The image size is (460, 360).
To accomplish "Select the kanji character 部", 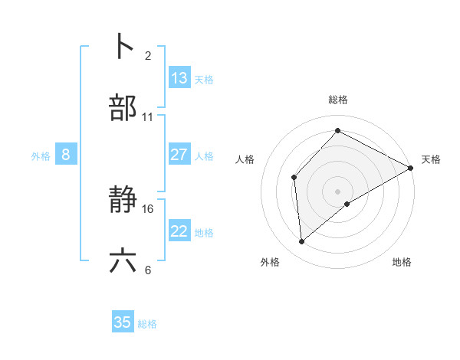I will click(x=123, y=109).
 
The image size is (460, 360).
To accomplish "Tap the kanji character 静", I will click(x=123, y=201).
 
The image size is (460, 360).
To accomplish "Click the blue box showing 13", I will click(x=179, y=78).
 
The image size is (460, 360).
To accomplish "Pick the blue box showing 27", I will click(x=179, y=155).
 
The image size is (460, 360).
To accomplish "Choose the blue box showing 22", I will click(x=179, y=231).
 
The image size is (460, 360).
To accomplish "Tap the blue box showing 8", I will click(x=66, y=155).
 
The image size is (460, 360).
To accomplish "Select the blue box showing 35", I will click(x=123, y=322).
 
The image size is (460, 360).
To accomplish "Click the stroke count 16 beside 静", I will click(x=148, y=208).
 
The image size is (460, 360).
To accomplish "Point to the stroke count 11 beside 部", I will click(x=148, y=117).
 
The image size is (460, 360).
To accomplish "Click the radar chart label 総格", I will click(x=338, y=100).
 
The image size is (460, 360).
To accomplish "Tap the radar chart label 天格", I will click(x=431, y=159).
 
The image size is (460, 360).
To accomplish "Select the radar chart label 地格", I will click(x=402, y=262).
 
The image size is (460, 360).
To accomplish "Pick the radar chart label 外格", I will click(x=270, y=262).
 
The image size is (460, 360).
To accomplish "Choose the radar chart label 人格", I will click(x=245, y=159).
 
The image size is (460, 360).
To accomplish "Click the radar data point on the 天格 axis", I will click(x=411, y=168).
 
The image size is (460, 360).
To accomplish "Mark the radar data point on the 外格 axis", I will click(x=302, y=242).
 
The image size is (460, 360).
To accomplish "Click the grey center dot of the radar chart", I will click(x=338, y=191).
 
